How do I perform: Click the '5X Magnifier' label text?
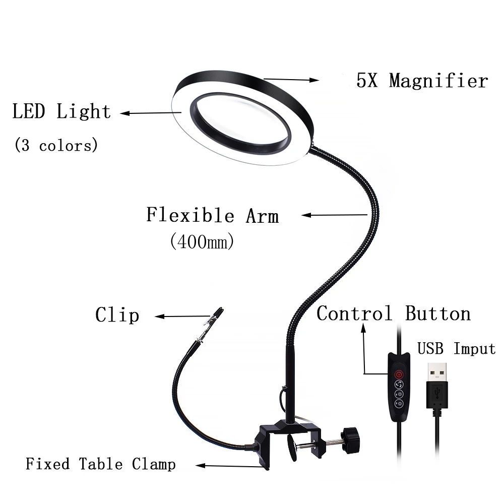point(422,81)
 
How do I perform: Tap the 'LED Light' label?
point(61,111)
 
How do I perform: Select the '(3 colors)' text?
point(55,146)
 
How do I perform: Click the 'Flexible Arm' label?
point(212,215)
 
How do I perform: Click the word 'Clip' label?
point(117,316)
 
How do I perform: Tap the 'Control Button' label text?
point(393,313)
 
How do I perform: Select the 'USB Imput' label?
point(456,348)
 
